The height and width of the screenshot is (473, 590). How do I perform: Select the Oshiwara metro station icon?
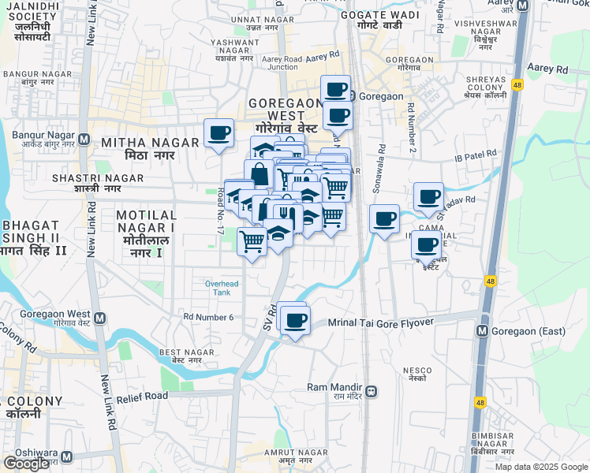66,456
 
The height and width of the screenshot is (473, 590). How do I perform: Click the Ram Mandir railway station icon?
371,390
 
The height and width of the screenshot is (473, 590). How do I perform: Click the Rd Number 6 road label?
208,317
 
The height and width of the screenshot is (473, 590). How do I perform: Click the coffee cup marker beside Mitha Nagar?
218,132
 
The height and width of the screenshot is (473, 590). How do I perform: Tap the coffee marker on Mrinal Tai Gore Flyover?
296,320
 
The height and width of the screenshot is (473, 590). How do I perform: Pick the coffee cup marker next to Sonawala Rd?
384,218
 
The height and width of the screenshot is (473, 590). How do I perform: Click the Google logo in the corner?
25,464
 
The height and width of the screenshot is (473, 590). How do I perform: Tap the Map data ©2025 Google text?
542,467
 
